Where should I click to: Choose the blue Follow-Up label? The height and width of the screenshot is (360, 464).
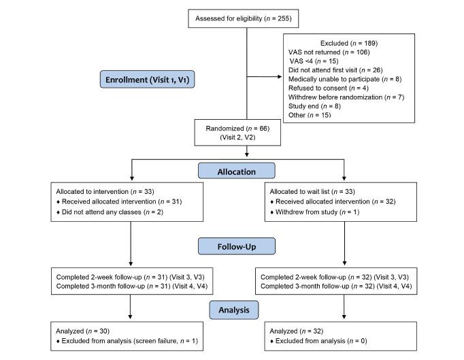237,245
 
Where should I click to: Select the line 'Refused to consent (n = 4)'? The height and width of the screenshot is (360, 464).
329,88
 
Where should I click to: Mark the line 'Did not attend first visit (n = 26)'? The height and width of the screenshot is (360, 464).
335,69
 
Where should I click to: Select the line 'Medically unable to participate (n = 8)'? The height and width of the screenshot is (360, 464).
344,79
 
